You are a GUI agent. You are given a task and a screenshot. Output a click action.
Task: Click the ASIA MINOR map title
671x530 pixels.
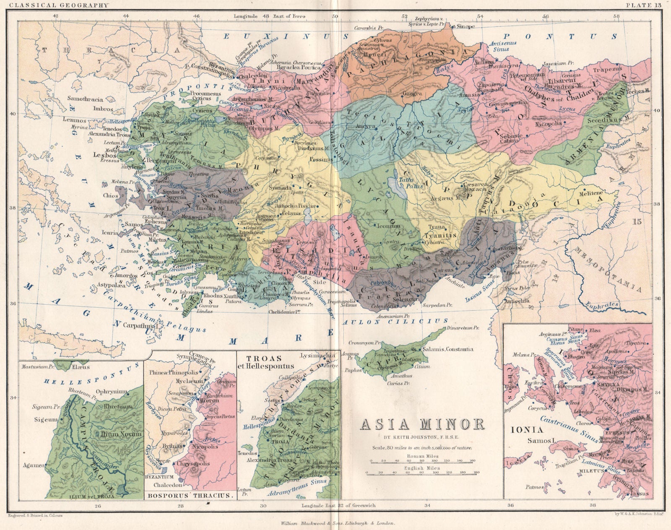[x=422, y=424]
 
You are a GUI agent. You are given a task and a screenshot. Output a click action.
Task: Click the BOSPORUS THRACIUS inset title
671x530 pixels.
[x=189, y=495]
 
